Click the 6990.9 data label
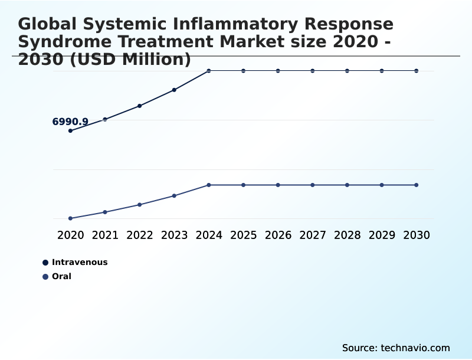pyautogui.click(x=70, y=122)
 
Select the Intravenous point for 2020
pyautogui.click(x=70, y=130)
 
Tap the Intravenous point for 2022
pyautogui.click(x=140, y=106)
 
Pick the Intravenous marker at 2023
pyautogui.click(x=174, y=90)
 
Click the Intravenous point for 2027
pyautogui.click(x=313, y=71)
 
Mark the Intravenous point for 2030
pyautogui.click(x=417, y=71)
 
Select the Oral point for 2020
pyautogui.click(x=70, y=218)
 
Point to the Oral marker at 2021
pyautogui.click(x=105, y=212)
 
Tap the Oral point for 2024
pyautogui.click(x=209, y=185)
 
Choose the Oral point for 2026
pyautogui.click(x=278, y=185)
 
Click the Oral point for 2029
pyautogui.click(x=382, y=185)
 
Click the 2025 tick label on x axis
pyautogui.click(x=243, y=235)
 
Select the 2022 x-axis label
pyautogui.click(x=140, y=235)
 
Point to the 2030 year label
pyautogui.click(x=417, y=235)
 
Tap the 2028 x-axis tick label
pyautogui.click(x=347, y=235)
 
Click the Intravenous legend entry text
pyautogui.click(x=80, y=262)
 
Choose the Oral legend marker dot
pyautogui.click(x=45, y=276)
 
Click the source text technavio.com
pyautogui.click(x=415, y=348)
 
